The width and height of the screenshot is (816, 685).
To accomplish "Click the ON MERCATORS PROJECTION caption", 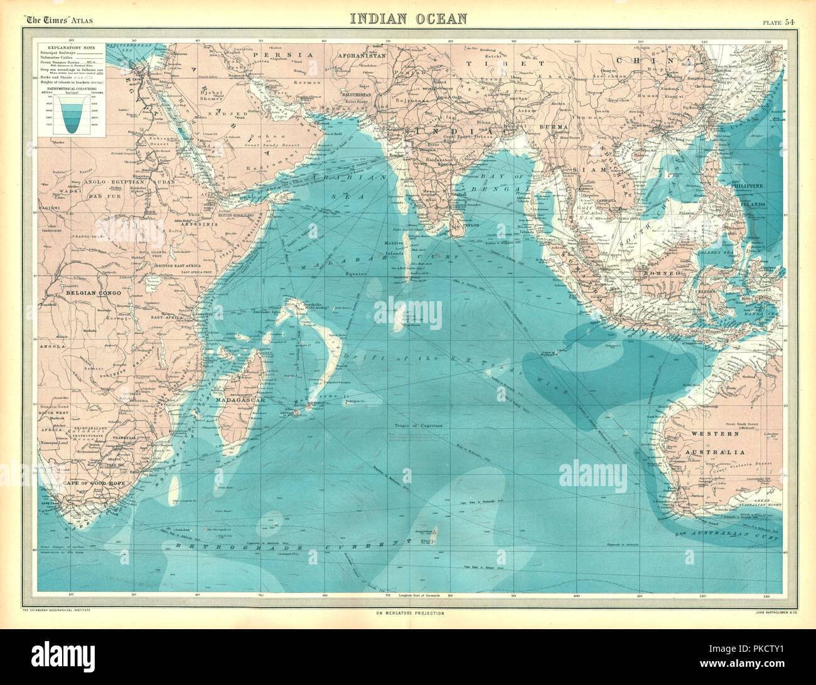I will [408, 612].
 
